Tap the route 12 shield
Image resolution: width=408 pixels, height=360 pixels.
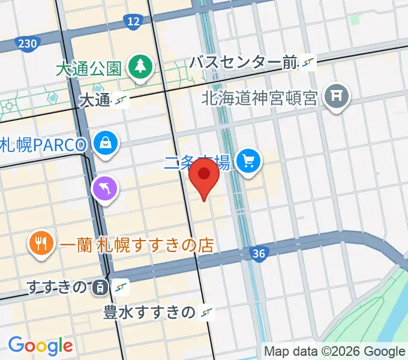tap(133, 23)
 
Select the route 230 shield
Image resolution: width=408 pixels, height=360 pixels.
tap(28, 44)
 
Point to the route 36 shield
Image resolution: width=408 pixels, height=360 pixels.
tap(259, 254)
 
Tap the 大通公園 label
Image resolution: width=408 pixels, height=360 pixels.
tap(89, 67)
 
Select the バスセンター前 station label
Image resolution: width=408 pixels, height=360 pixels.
tap(244, 62)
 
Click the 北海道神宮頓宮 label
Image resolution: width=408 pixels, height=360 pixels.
tap(259, 97)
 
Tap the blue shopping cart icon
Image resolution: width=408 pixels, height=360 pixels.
tap(248, 161)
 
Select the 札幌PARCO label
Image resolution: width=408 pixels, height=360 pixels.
tap(45, 144)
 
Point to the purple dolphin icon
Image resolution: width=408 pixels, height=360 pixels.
tap(104, 189)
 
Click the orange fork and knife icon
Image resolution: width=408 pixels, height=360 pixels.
tap(41, 244)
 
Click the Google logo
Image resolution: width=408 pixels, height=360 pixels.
tap(40, 346)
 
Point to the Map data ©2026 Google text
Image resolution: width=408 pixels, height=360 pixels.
tap(335, 352)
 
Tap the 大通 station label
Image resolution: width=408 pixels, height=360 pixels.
tap(94, 100)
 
